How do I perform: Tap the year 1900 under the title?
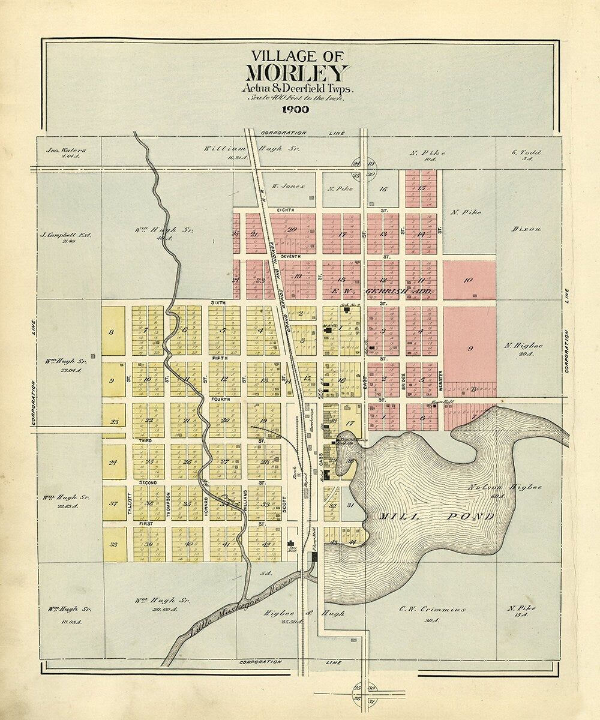pos(295,109)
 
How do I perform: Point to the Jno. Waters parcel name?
pos(66,151)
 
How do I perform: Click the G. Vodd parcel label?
pos(526,152)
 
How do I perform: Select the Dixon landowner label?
pos(526,229)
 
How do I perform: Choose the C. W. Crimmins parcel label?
pos(433,609)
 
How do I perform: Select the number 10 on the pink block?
pos(469,280)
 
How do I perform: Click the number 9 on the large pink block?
pos(470,348)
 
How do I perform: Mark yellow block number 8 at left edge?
pos(112,332)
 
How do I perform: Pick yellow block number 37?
pos(113,503)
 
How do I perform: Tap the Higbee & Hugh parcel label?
pos(304,614)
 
